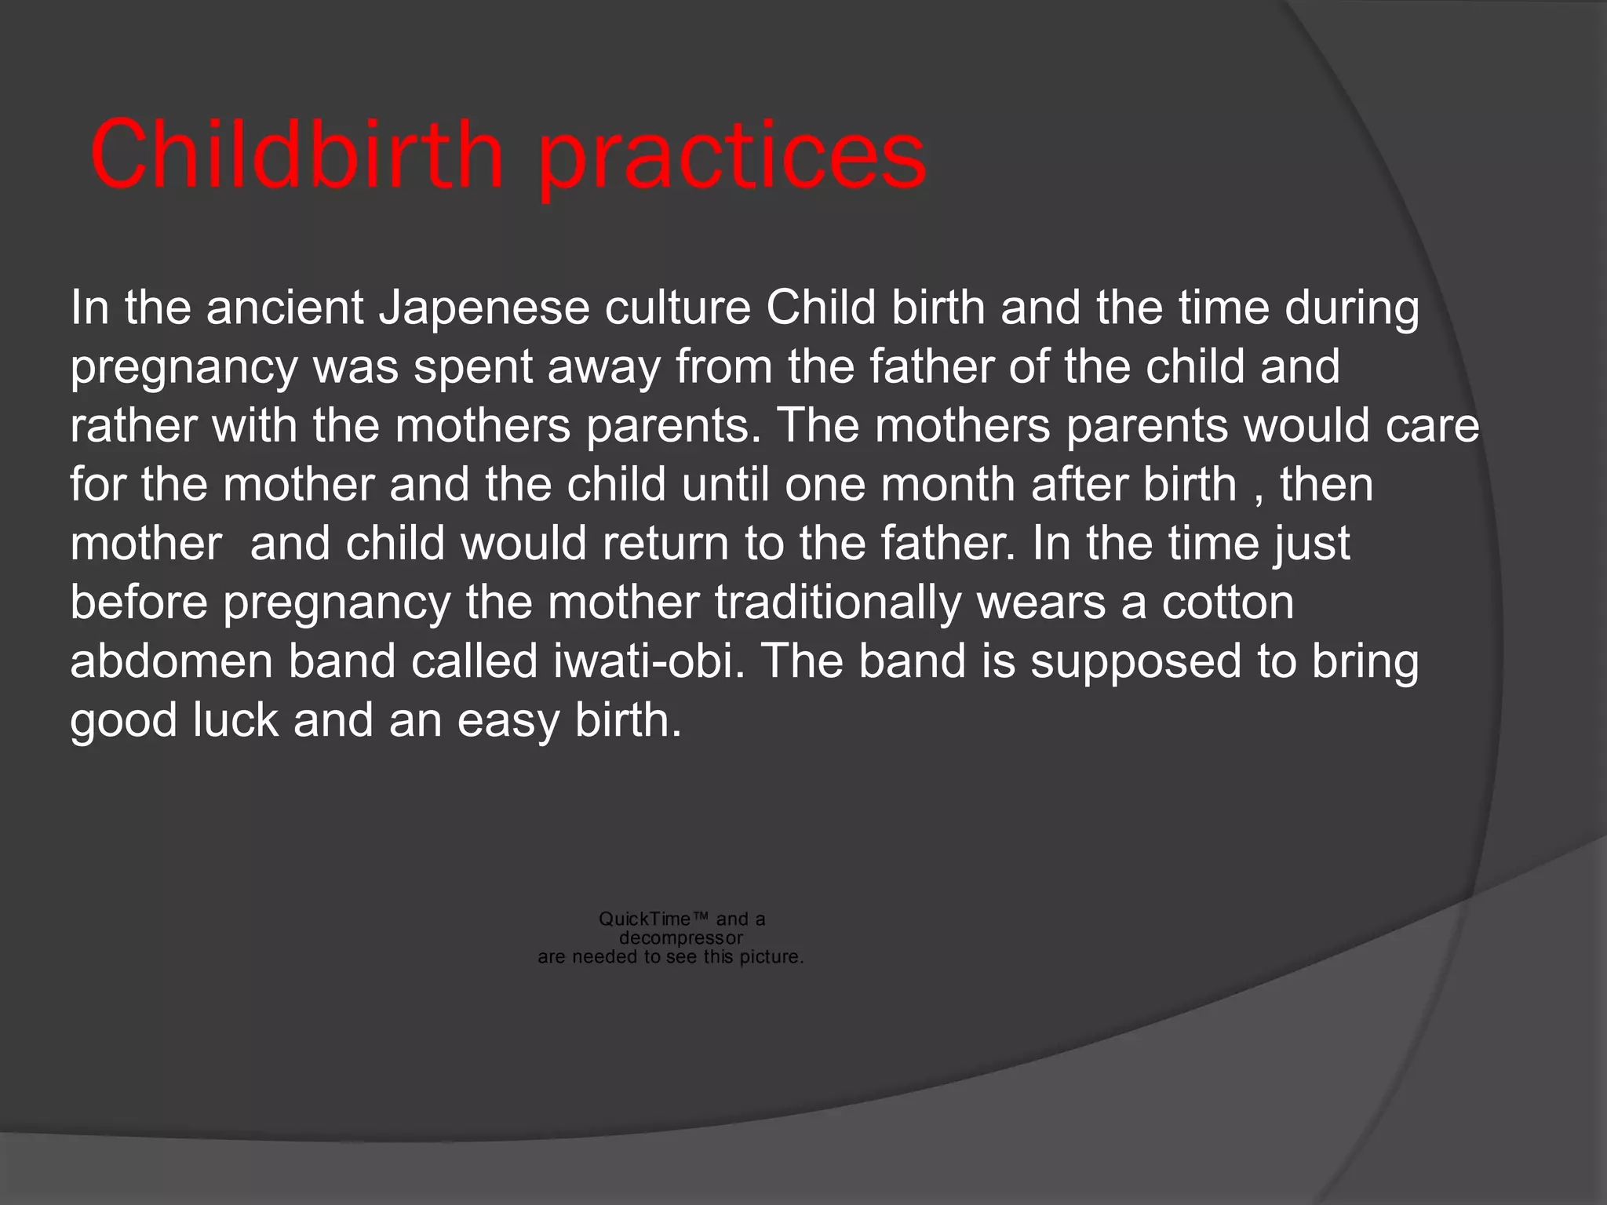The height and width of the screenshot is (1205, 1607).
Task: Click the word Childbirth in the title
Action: click(x=297, y=155)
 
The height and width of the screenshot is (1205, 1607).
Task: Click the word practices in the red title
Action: click(x=733, y=157)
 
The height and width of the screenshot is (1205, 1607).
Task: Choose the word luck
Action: click(x=235, y=720)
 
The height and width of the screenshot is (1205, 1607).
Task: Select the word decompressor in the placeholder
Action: click(x=680, y=938)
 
